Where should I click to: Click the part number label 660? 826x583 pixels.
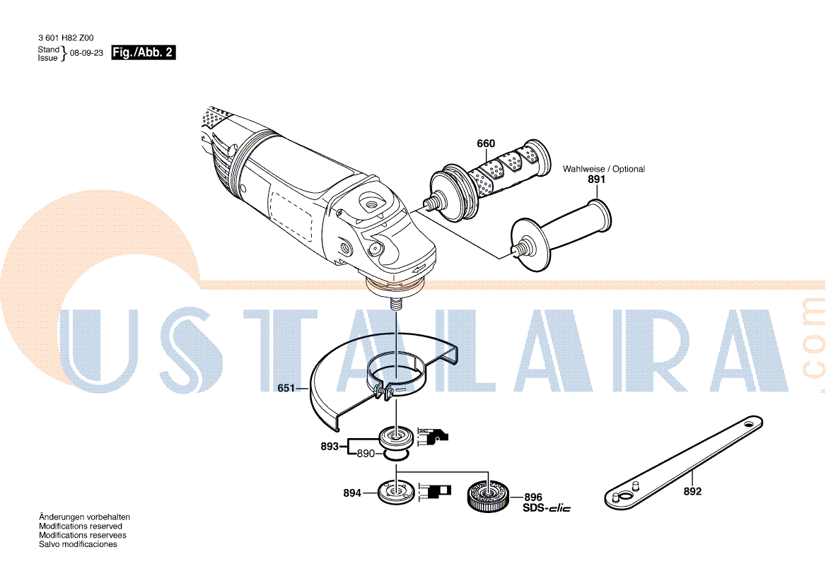(x=486, y=143)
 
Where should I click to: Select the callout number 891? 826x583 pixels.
(x=596, y=179)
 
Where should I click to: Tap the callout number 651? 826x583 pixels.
(x=286, y=389)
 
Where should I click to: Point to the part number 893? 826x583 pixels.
(x=330, y=447)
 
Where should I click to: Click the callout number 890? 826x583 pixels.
(x=366, y=454)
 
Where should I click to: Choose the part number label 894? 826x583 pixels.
(x=352, y=493)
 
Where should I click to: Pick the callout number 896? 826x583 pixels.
(x=533, y=497)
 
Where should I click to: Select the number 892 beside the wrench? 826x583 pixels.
(x=692, y=491)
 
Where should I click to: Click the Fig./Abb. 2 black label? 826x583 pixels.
(x=144, y=52)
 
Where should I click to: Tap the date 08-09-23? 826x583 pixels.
(x=86, y=53)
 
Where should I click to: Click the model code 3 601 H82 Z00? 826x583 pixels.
(x=66, y=38)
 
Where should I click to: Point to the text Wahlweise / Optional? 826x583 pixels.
(x=604, y=169)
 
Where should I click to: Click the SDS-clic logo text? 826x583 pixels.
(x=547, y=508)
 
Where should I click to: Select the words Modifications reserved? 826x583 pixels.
(x=81, y=526)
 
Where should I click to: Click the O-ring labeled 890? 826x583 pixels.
(x=395, y=454)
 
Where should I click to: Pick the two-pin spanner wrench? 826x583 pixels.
(x=683, y=463)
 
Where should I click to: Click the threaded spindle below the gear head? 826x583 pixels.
(x=395, y=305)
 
